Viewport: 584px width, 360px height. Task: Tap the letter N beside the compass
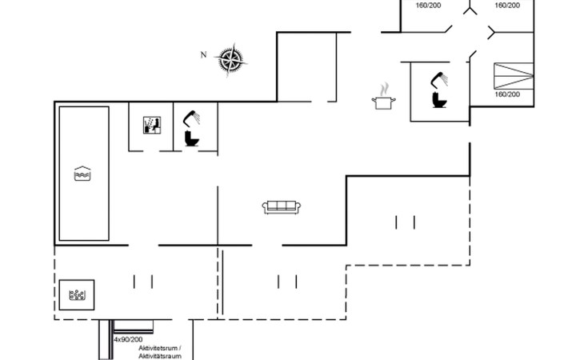tap(204, 54)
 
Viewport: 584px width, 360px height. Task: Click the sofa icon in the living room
tap(282, 207)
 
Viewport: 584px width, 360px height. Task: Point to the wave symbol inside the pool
tap(82, 174)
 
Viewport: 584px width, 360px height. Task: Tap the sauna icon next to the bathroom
tap(151, 125)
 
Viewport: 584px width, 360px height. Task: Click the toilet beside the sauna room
tap(191, 139)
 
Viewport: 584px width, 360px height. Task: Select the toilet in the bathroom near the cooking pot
tap(439, 99)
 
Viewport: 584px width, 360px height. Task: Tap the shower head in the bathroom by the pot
tap(438, 78)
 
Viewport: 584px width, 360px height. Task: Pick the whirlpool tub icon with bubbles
tap(78, 295)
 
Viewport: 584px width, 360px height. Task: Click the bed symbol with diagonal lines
tap(513, 76)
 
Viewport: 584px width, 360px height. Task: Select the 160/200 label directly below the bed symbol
tap(507, 94)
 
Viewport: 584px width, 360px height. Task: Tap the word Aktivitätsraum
tap(160, 356)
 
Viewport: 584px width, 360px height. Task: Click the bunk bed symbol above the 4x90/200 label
tap(133, 325)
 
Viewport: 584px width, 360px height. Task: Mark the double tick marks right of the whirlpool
tap(142, 281)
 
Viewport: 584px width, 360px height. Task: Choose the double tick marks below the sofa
tap(286, 281)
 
